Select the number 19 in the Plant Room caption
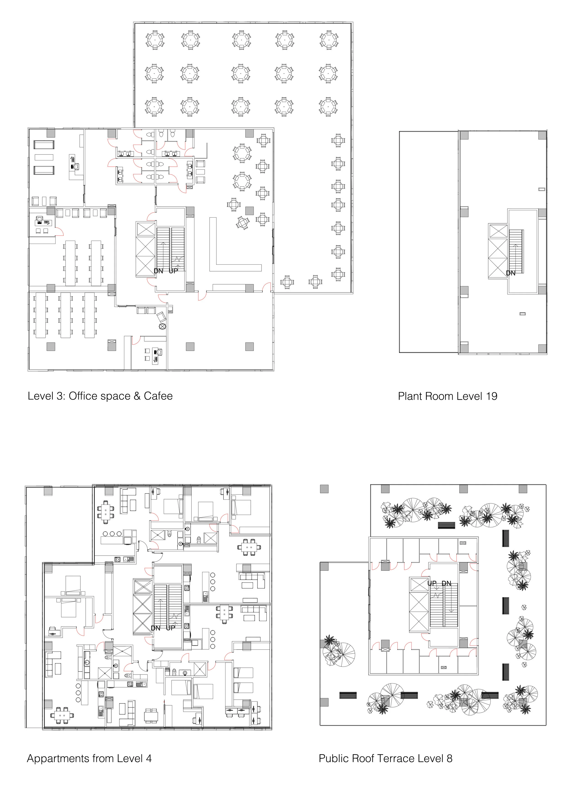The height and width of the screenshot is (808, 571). coord(491,397)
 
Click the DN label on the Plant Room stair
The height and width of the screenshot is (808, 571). coord(510,273)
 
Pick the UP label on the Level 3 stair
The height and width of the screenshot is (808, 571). coord(173,271)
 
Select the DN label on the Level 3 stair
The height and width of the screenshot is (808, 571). coord(159,271)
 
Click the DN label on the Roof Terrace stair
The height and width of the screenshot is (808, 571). coord(446,584)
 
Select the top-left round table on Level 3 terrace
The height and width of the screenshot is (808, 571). coord(155,39)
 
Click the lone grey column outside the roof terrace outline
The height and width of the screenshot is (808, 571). coord(324,489)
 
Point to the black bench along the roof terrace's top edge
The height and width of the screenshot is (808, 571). coord(446,525)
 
